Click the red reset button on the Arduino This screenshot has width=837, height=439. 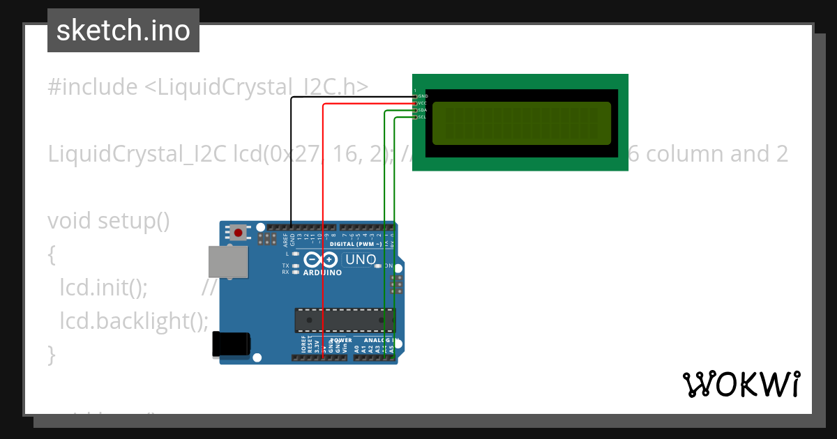point(239,232)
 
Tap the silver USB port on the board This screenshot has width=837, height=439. point(227,263)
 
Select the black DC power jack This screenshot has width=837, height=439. point(231,344)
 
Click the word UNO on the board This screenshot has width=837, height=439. point(361,260)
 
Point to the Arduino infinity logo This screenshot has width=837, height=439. point(322,261)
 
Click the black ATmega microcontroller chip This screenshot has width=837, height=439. point(345,320)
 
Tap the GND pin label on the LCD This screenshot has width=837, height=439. point(423,95)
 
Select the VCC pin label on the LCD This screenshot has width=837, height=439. point(423,103)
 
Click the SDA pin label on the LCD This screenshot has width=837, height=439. point(423,110)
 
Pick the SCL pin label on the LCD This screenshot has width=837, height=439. point(423,117)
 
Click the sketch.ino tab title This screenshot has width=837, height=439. point(123,31)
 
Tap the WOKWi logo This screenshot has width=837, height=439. point(741,384)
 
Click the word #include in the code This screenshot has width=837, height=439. point(93,87)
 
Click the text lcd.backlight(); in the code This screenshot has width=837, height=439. point(134,321)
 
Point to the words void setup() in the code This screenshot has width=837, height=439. point(109,221)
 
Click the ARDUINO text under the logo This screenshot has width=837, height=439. point(322,273)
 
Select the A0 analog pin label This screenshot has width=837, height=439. point(356,347)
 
